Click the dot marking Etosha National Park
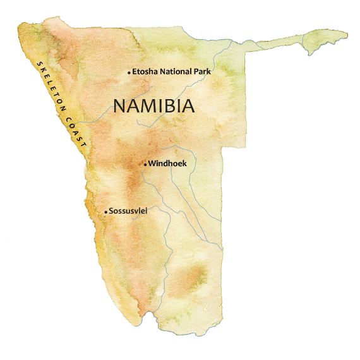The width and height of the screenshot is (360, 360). click(129, 73)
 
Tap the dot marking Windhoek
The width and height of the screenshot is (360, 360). click(145, 165)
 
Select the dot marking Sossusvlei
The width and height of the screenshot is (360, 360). click(105, 212)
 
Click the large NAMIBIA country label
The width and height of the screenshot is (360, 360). click(153, 106)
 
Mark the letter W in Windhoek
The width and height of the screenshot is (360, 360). click(152, 164)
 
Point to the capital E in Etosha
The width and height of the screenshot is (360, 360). click(135, 72)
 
